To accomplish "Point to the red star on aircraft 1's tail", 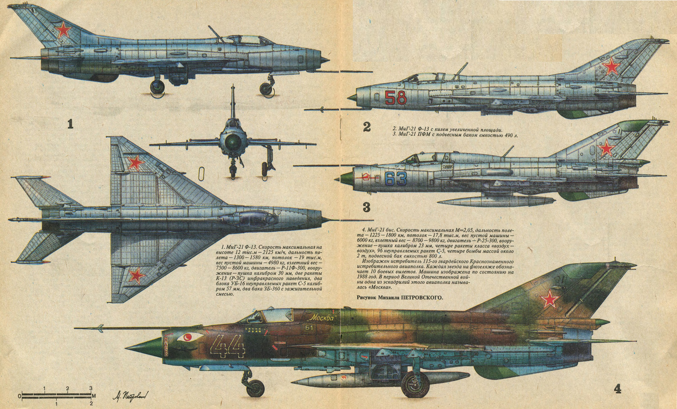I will pyautogui.click(x=63, y=31).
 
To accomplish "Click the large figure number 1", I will pyautogui.click(x=70, y=124).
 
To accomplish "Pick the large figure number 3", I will pyautogui.click(x=366, y=207).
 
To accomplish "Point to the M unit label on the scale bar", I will pyautogui.click(x=94, y=395).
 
